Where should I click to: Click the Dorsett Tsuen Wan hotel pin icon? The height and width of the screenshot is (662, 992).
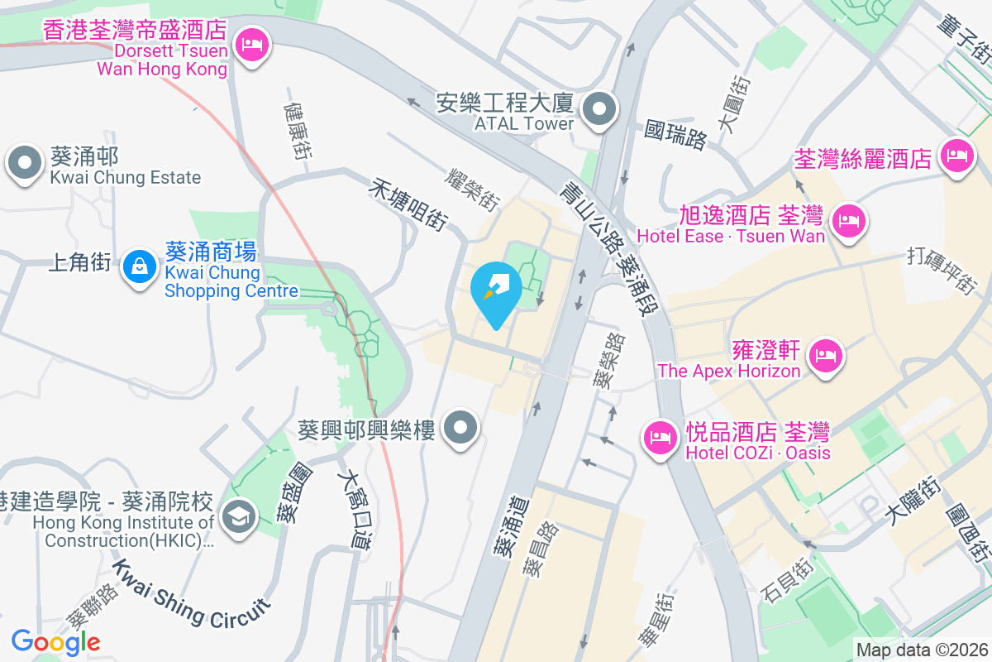pyautogui.click(x=251, y=44)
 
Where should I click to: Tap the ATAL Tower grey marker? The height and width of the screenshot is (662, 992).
pyautogui.click(x=599, y=109)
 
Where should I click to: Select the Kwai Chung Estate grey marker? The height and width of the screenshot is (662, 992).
pyautogui.click(x=25, y=163)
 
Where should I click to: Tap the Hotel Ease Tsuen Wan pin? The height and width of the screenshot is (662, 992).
pyautogui.click(x=847, y=221)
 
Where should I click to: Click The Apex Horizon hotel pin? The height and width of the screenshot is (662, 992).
pyautogui.click(x=824, y=357)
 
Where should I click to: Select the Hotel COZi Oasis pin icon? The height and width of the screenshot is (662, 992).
pyautogui.click(x=660, y=436)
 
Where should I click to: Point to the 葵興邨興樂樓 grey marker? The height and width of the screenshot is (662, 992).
pyautogui.click(x=461, y=429)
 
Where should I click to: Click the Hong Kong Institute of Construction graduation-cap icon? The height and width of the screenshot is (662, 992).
pyautogui.click(x=239, y=517)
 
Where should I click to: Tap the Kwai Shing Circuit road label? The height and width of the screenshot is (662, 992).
pyautogui.click(x=191, y=593)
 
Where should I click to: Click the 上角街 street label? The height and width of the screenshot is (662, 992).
pyautogui.click(x=80, y=263)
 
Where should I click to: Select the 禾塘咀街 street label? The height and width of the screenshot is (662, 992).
pyautogui.click(x=408, y=207)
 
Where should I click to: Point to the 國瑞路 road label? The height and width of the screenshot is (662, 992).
pyautogui.click(x=676, y=135)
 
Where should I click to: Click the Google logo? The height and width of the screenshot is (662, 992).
pyautogui.click(x=55, y=641)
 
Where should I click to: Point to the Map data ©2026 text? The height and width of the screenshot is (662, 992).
pyautogui.click(x=922, y=650)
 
